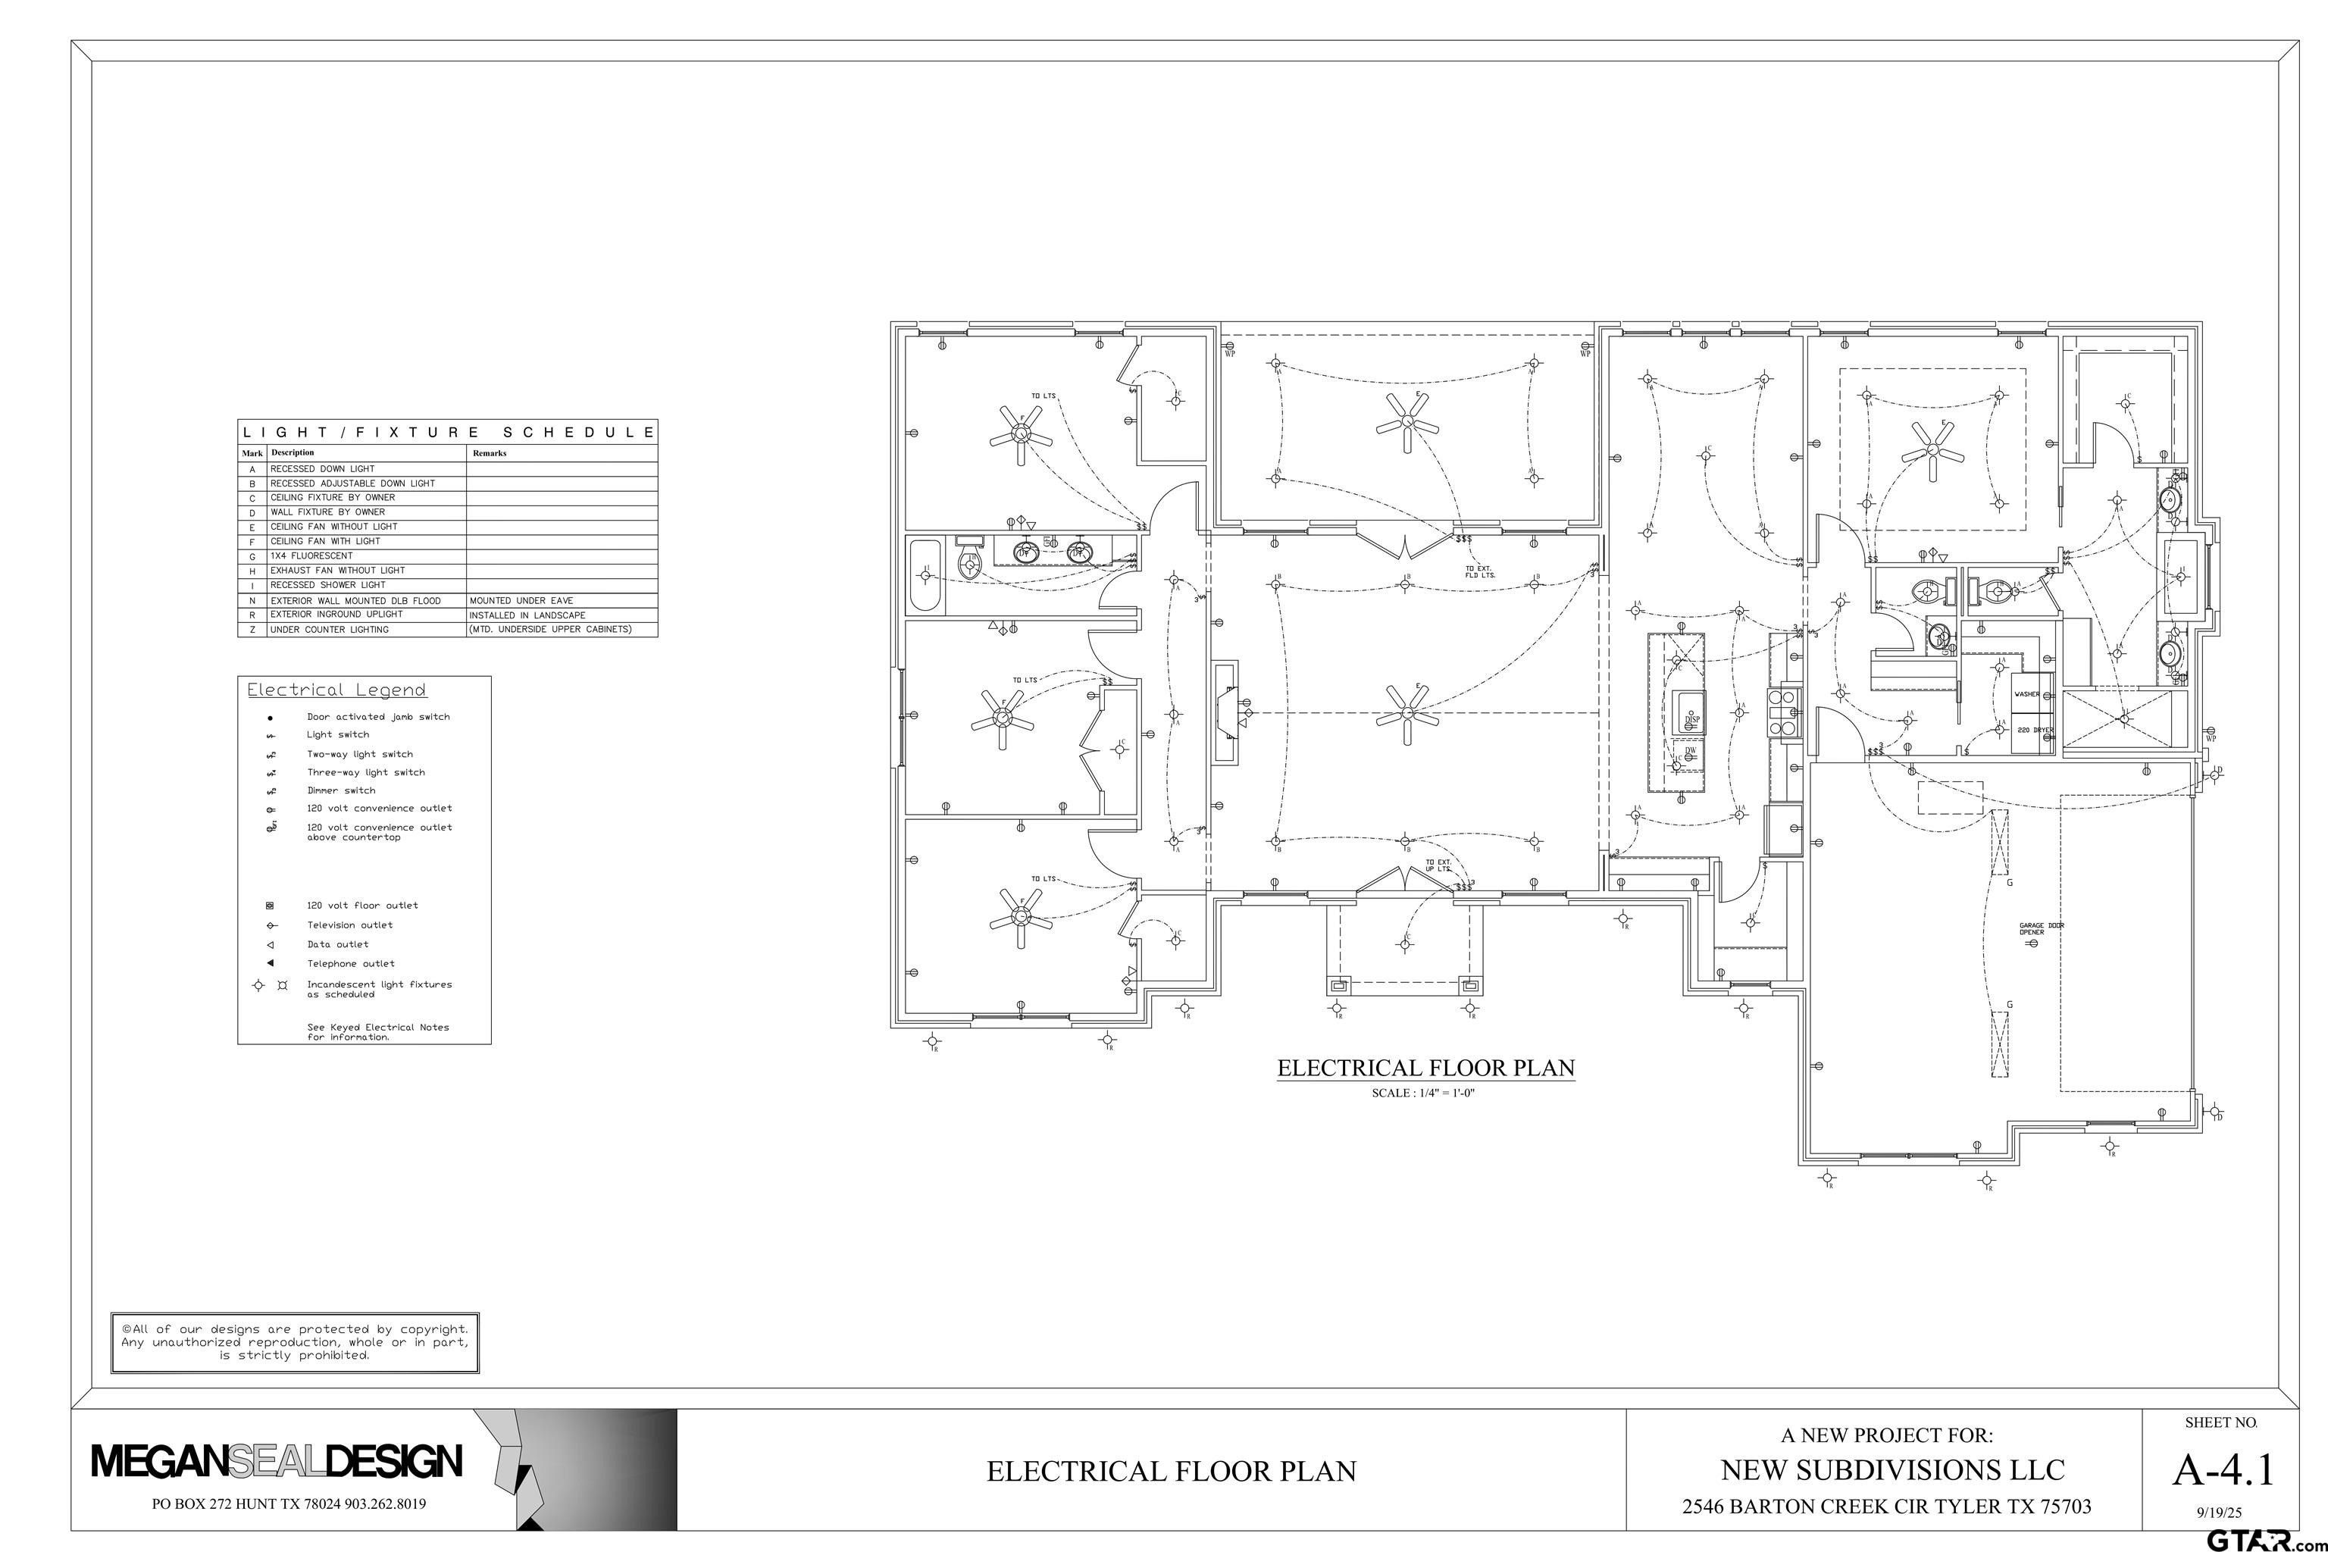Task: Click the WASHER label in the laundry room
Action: click(2026, 694)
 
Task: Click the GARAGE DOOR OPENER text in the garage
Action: click(2042, 928)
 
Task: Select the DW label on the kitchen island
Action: click(1691, 749)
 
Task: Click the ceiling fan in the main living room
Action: click(1406, 712)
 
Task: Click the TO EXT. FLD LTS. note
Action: click(1480, 571)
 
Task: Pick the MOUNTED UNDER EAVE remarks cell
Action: click(521, 601)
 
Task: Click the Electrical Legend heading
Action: click(336, 690)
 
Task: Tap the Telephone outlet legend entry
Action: click(350, 963)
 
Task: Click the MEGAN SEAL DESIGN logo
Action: click(277, 1462)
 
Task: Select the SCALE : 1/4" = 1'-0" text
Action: click(1425, 1093)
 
